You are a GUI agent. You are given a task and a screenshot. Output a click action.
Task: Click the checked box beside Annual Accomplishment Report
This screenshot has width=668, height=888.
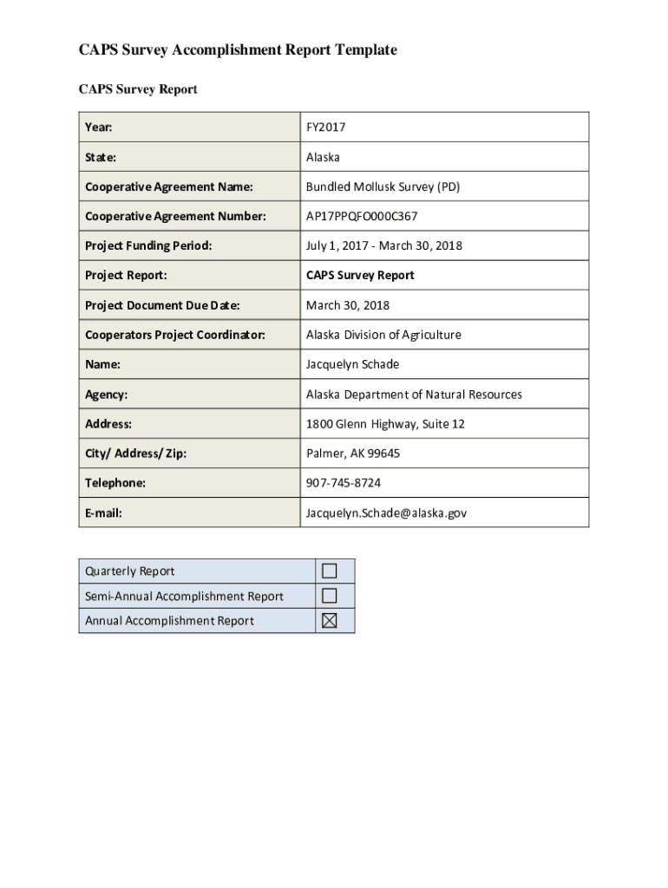[329, 620]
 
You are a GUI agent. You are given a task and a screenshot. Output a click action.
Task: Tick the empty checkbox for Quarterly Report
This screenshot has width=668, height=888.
[329, 571]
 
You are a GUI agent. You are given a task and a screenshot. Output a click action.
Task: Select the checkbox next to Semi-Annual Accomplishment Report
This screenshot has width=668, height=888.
[329, 596]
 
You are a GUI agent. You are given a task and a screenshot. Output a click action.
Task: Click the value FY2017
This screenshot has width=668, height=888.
[325, 127]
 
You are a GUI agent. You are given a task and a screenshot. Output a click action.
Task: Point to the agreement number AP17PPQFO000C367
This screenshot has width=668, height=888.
[361, 216]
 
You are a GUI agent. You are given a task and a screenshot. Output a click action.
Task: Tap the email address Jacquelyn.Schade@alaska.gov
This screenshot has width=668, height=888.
[386, 513]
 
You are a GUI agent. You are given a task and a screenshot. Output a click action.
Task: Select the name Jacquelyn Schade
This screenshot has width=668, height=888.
[352, 364]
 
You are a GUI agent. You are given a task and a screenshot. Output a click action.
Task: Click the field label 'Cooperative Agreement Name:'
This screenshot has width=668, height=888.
[168, 186]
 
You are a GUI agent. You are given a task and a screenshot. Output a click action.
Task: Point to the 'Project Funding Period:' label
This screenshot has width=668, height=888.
[148, 245]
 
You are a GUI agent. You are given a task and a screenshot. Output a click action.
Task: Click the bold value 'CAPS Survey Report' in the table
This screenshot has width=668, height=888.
[360, 276]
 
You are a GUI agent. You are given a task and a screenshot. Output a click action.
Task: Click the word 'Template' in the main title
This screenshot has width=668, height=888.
[363, 50]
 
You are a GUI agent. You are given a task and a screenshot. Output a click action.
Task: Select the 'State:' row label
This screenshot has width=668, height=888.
[101, 157]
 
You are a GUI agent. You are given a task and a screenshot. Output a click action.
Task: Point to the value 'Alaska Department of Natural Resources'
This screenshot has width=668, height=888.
[414, 395]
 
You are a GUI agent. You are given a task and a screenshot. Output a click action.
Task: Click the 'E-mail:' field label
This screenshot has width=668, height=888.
[103, 513]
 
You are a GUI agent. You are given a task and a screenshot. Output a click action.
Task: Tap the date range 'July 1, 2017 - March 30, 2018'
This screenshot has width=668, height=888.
[383, 245]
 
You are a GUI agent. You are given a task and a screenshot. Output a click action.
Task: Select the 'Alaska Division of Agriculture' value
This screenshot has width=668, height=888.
[383, 335]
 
